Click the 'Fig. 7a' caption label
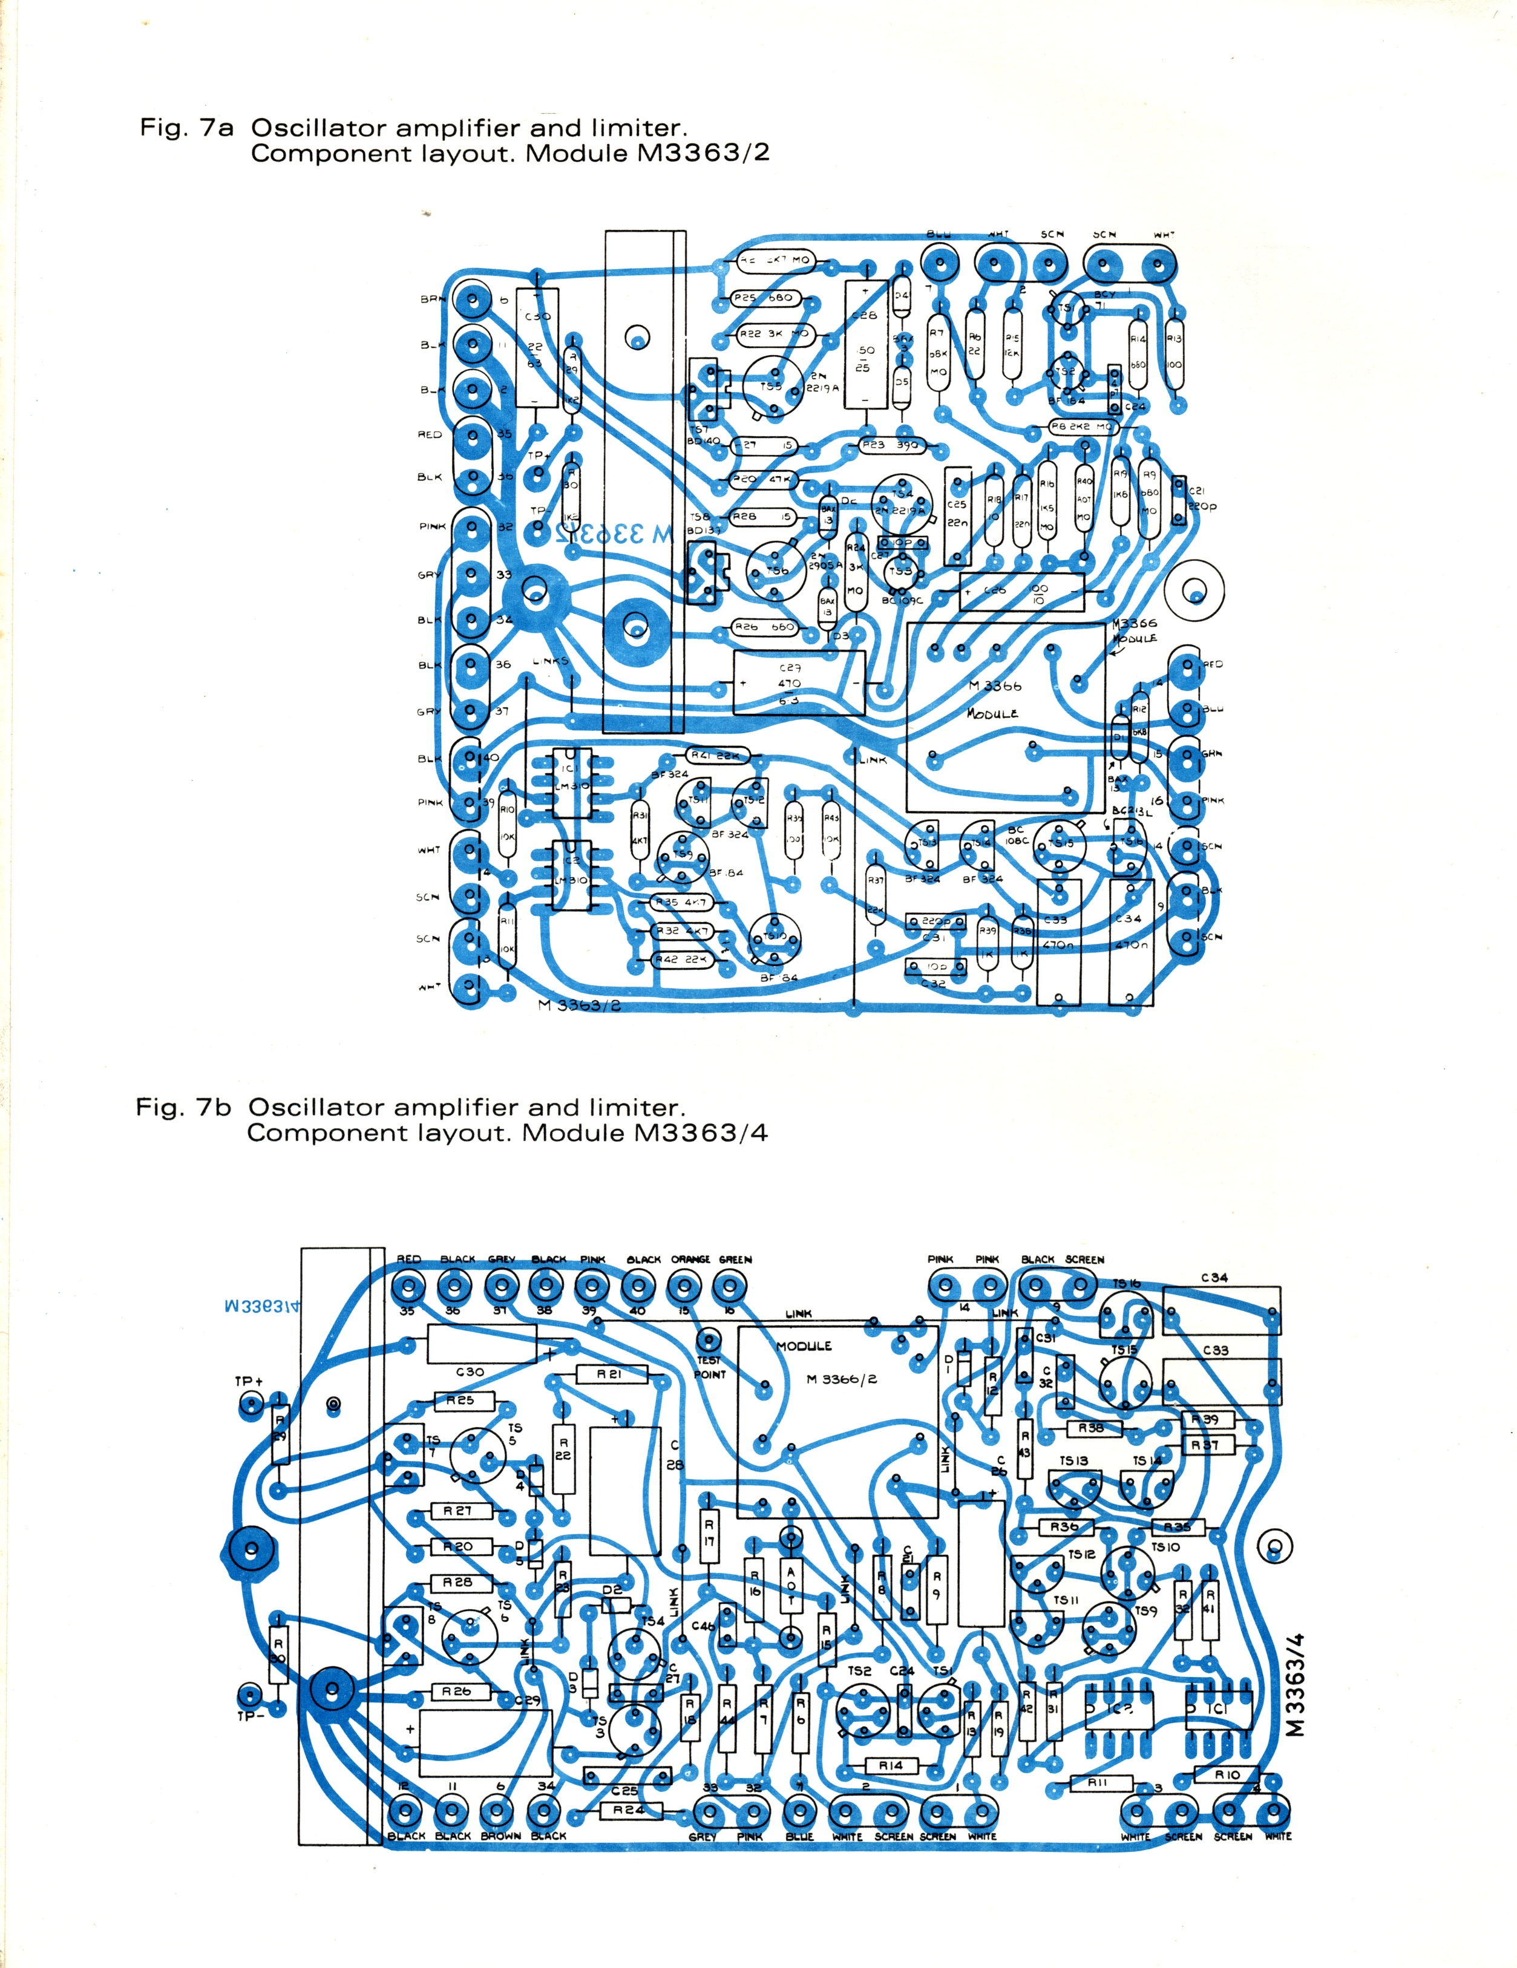tap(186, 128)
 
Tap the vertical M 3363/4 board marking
tap(1296, 1684)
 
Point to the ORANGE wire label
tap(690, 1259)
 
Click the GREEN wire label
tap(736, 1259)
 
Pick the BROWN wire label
tap(500, 1836)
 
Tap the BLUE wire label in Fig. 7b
tap(799, 1836)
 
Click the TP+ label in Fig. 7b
tap(249, 1381)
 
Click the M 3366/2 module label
tap(841, 1379)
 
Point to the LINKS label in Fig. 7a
tap(551, 661)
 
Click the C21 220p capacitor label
tap(1200, 499)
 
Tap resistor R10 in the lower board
tap(1227, 1774)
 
